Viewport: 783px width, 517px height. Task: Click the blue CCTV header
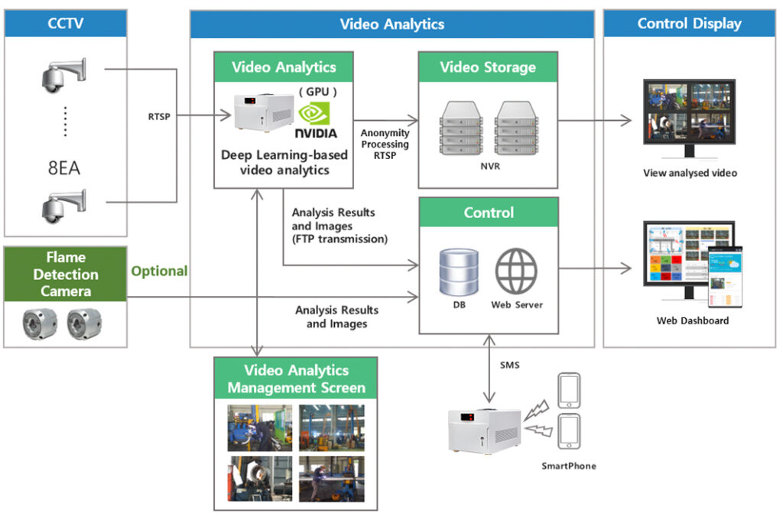pos(66,24)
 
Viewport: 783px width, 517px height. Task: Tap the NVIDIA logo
pos(316,122)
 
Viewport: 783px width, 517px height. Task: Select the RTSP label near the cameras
pos(160,117)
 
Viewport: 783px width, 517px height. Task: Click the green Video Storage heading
pos(488,67)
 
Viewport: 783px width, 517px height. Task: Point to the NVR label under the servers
pos(489,166)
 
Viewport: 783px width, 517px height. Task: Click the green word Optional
pos(159,271)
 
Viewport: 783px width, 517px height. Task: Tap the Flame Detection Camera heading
pos(66,274)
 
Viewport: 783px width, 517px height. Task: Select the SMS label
pos(509,366)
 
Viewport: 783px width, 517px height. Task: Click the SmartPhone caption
pos(569,465)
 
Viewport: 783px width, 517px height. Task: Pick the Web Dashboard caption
pos(692,320)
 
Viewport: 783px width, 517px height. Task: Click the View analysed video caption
pos(690,173)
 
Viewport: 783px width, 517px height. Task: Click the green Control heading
pos(489,213)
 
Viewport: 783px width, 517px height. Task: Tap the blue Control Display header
pos(689,24)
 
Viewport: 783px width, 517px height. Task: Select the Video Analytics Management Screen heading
pos(296,379)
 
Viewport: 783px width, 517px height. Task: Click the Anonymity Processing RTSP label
pos(385,145)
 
